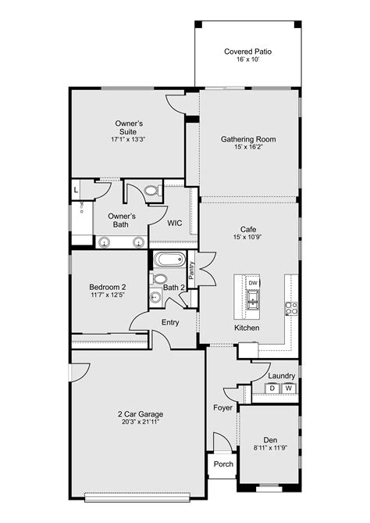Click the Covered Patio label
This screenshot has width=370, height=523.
point(247,52)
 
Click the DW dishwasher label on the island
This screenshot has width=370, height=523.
point(253,282)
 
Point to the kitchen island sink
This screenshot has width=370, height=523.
point(253,299)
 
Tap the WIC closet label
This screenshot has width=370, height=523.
point(175,223)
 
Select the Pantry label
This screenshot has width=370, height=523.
point(192,270)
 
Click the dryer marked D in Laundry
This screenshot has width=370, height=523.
point(272,389)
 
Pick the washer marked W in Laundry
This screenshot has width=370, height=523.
point(288,389)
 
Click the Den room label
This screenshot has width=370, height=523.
point(269,439)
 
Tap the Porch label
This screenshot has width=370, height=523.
point(223,464)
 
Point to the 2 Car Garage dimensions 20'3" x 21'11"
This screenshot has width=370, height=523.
point(141,422)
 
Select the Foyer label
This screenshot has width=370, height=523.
point(222,407)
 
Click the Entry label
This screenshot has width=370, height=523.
point(170,322)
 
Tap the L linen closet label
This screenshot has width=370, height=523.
point(76,190)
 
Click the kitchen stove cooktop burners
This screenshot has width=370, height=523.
point(290,307)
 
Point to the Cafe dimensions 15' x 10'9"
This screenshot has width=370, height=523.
point(248,237)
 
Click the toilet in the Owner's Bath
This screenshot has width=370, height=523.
point(151,190)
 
